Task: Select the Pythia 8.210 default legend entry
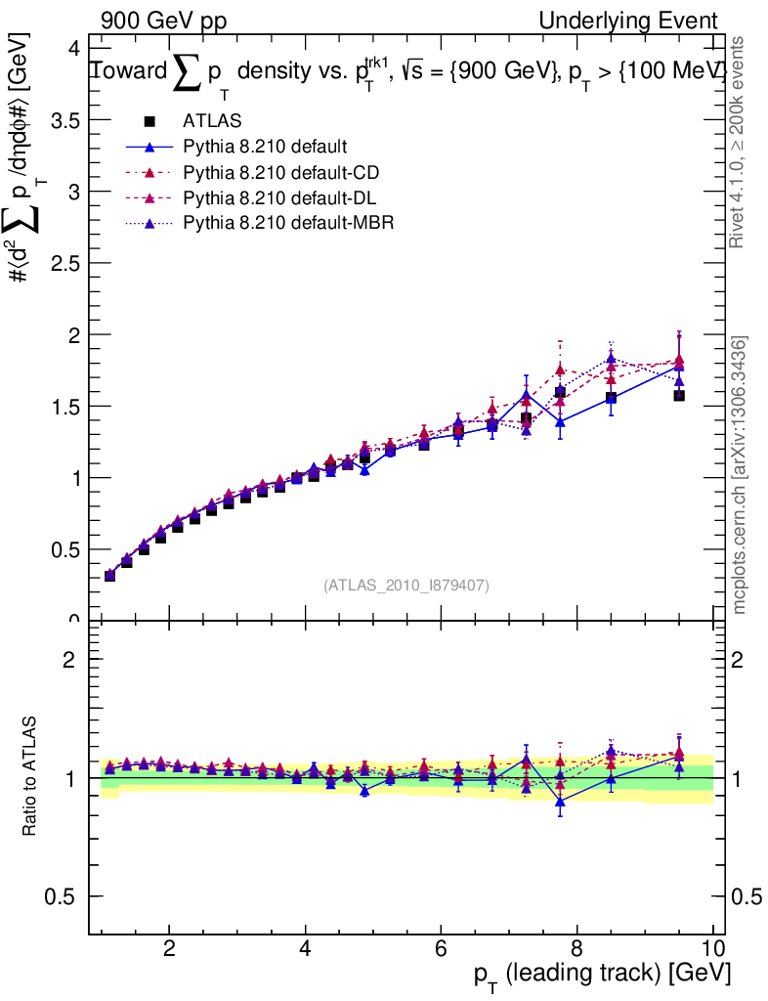264,148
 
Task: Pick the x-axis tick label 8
576,947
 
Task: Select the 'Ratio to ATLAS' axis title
30,778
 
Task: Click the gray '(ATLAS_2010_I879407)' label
406,585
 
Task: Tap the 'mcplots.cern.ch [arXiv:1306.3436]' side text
740,475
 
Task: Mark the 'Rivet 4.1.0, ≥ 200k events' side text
740,142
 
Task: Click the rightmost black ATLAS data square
679,396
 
